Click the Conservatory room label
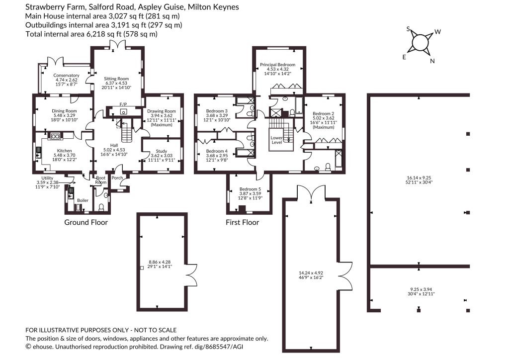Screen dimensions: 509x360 click(66, 75)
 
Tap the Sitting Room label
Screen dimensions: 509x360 click(116, 79)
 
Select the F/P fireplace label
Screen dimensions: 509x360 click(123, 104)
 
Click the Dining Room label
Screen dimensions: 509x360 click(64, 111)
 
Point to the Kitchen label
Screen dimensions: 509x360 click(64, 151)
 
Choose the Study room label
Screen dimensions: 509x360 click(162, 151)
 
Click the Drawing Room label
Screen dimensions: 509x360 click(162, 111)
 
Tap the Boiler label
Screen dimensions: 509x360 click(83, 200)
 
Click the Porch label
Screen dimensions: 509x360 click(117, 178)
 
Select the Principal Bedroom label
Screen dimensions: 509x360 click(277, 65)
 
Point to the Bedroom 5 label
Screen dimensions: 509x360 click(250, 189)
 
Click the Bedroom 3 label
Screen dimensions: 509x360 click(217, 111)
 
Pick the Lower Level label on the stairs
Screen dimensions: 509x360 click(276, 140)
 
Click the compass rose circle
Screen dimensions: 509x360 click(421, 43)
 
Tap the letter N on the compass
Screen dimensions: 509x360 click(432, 61)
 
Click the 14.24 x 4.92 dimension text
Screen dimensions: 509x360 click(311, 273)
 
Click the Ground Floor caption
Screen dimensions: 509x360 click(86, 222)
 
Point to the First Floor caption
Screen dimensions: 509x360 click(242, 222)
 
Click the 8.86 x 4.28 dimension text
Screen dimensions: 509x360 click(160, 262)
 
